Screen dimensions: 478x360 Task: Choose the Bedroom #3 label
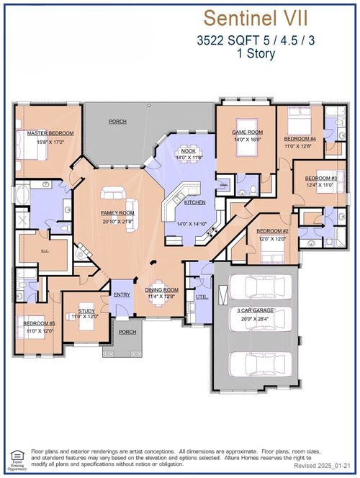tap(320, 178)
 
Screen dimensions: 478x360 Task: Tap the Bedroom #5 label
tap(39, 324)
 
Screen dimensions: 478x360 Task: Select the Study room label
tap(87, 312)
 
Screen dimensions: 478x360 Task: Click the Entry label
tap(121, 294)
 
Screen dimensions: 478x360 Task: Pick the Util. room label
tap(199, 296)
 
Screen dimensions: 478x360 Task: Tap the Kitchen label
tap(194, 203)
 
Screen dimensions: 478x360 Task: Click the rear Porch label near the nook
tap(117, 122)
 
